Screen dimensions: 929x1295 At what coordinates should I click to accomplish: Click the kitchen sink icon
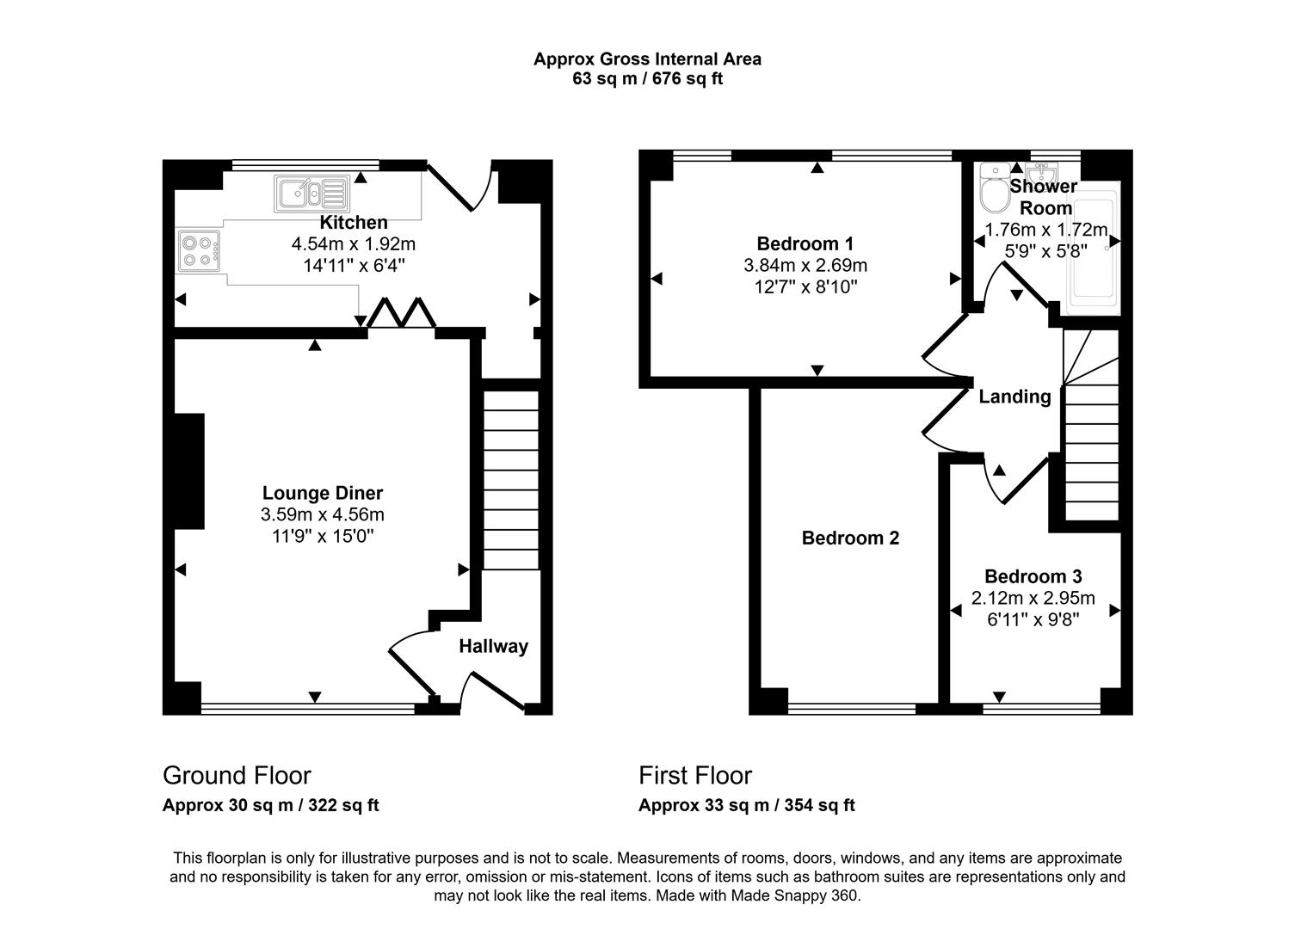(311, 194)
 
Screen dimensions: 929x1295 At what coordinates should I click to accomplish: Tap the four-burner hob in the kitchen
(199, 249)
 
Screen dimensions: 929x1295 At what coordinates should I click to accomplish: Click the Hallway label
(493, 647)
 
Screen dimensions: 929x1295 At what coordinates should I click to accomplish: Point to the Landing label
(1014, 397)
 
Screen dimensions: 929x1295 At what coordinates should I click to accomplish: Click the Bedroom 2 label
(850, 538)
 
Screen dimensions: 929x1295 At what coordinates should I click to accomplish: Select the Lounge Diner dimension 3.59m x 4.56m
(322, 515)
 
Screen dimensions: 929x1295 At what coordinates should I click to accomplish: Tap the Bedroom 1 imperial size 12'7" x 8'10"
(805, 287)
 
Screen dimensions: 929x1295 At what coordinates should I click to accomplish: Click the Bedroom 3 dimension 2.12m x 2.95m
(1033, 599)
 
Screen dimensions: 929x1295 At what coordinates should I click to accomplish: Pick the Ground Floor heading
(237, 776)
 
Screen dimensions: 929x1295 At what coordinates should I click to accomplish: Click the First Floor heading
(695, 776)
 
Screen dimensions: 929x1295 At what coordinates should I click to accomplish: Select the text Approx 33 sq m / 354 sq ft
(746, 806)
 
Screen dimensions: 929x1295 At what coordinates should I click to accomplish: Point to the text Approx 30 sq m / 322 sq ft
(270, 806)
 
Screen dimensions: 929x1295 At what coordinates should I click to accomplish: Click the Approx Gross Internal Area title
(647, 59)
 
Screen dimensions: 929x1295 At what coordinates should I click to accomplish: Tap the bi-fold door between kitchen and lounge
(401, 314)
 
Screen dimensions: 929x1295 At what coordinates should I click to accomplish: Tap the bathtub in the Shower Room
(1091, 254)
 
